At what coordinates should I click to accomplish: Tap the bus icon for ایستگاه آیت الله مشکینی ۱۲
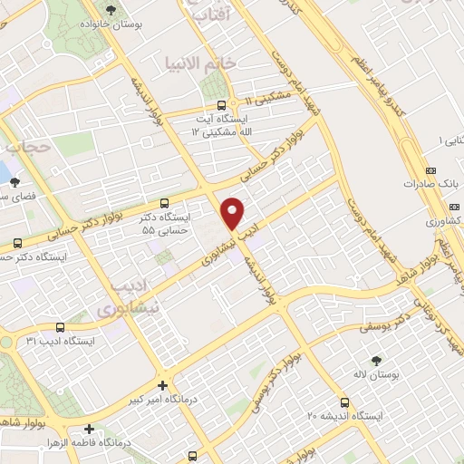(x=221, y=104)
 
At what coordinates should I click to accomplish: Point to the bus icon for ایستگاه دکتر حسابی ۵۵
(x=164, y=203)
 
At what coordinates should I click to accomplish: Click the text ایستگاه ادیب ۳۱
(x=60, y=342)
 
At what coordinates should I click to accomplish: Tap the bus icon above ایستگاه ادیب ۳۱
(x=60, y=327)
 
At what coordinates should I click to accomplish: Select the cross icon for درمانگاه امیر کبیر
(x=162, y=384)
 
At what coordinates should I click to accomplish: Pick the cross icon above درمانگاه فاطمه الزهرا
(x=88, y=429)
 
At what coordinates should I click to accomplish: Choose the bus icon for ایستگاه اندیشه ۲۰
(x=344, y=401)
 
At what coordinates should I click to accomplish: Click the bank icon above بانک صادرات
(x=430, y=169)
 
